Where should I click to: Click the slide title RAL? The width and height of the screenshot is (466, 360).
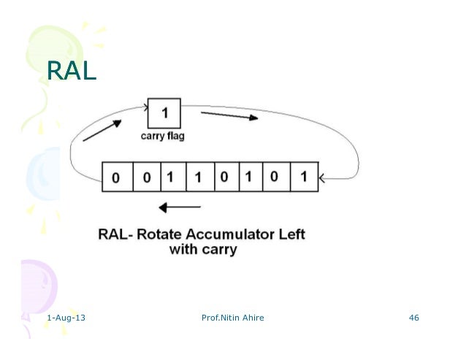71,71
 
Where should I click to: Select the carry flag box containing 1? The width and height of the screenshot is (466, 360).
164,114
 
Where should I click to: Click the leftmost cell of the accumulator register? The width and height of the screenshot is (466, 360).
116,177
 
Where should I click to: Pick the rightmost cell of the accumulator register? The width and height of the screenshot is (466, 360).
303,177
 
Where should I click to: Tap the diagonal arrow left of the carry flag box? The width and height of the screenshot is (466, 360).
102,131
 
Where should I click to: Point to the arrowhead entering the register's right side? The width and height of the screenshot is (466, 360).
324,177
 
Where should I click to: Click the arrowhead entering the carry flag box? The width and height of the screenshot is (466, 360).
145,104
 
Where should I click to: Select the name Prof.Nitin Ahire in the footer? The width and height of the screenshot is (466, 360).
232,318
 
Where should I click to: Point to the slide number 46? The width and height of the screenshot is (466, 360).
414,318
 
